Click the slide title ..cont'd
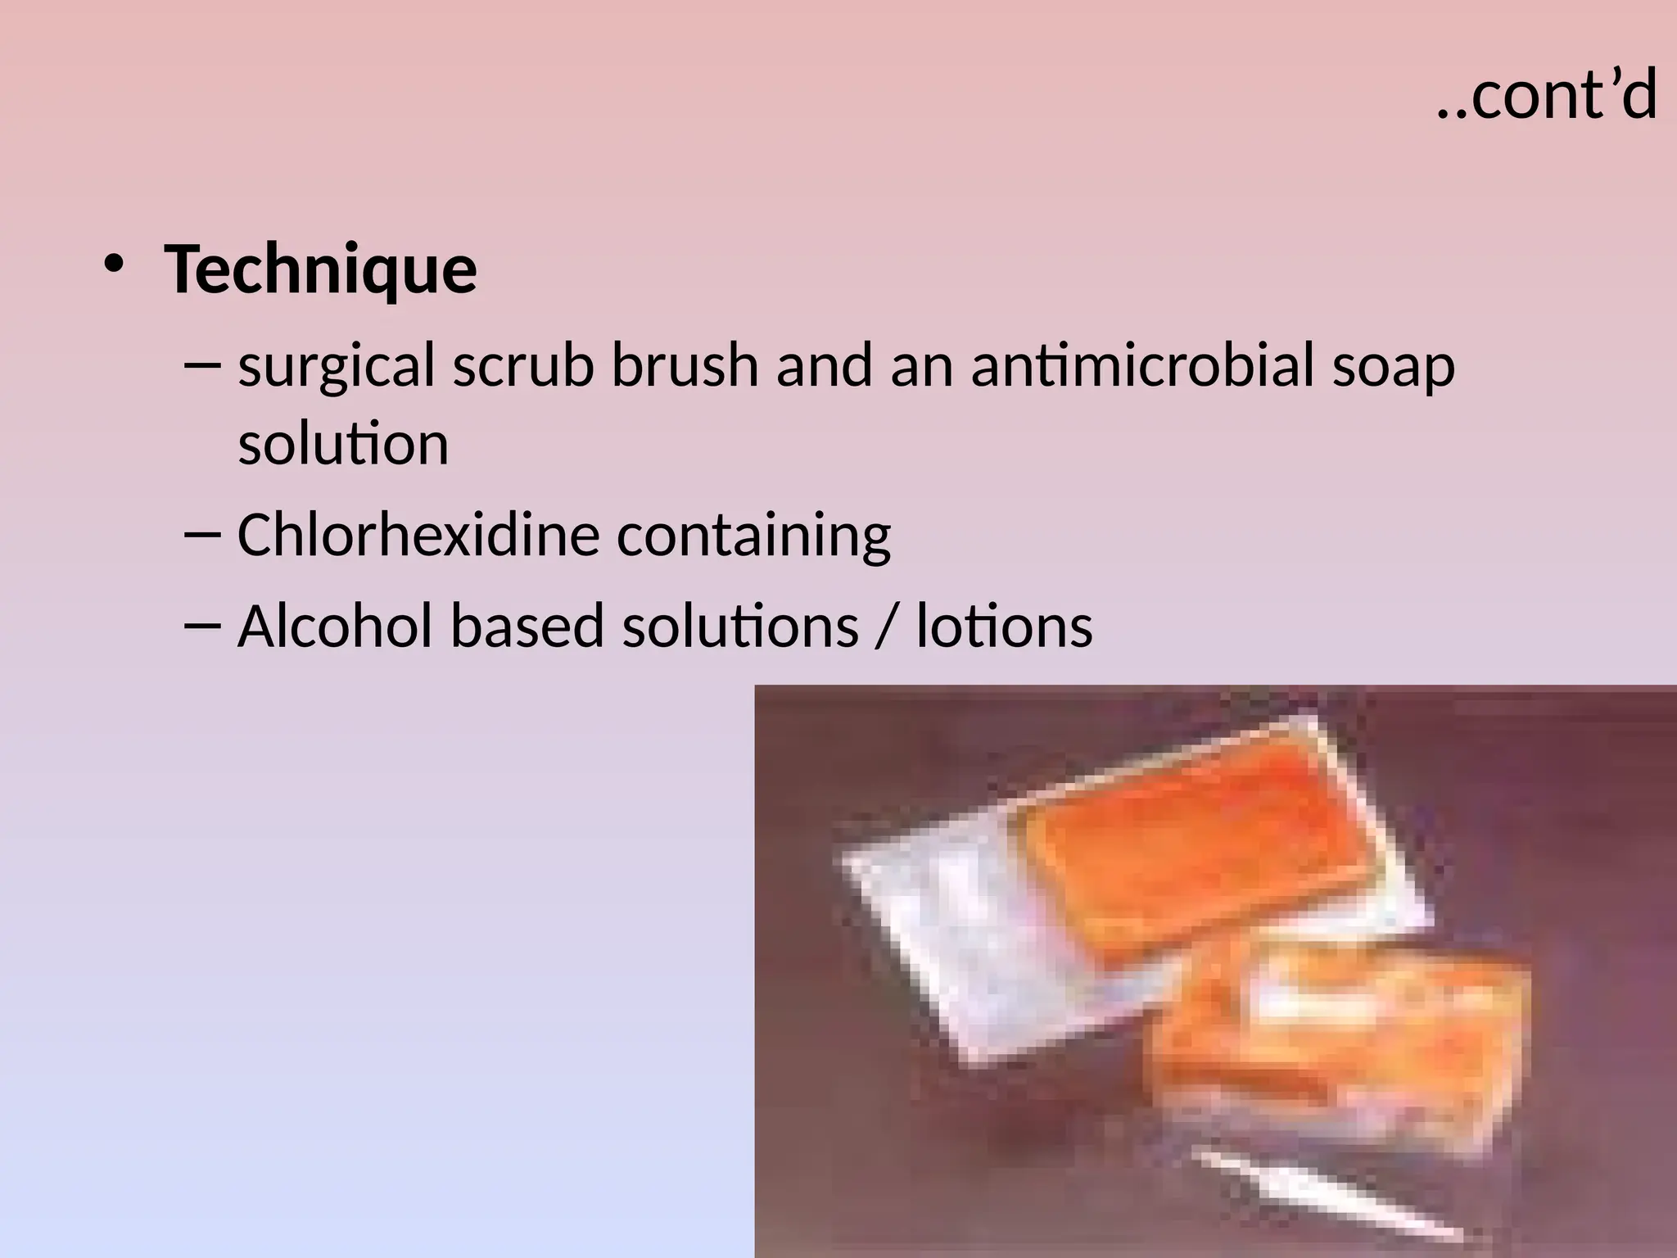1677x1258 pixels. (x=1547, y=96)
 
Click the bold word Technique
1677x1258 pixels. (x=320, y=269)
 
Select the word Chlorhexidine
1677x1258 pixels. (x=418, y=535)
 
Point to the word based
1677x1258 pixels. (x=527, y=626)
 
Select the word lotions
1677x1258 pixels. (x=1004, y=626)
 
